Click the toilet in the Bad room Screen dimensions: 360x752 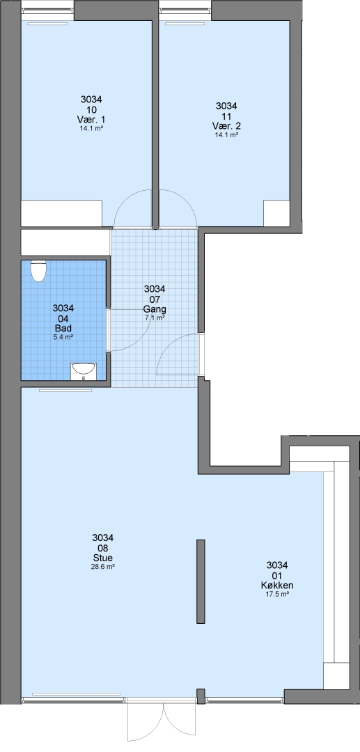(38, 271)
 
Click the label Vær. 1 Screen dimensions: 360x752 (91, 120)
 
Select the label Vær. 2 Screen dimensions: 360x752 (227, 125)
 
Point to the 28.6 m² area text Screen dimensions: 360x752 (102, 566)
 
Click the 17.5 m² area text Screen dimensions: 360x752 (277, 594)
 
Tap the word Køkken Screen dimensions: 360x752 (277, 585)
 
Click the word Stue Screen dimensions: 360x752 (102, 558)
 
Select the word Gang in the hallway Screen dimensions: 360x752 (155, 308)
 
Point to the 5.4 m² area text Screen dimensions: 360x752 (63, 337)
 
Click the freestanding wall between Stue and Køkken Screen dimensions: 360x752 (201, 581)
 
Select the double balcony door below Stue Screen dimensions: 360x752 (162, 722)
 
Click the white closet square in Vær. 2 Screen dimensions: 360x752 (276, 214)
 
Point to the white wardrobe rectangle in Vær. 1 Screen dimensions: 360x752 (61, 214)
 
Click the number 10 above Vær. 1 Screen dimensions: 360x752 (91, 110)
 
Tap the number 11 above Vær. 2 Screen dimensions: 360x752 (227, 116)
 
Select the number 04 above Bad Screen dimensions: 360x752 (63, 318)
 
